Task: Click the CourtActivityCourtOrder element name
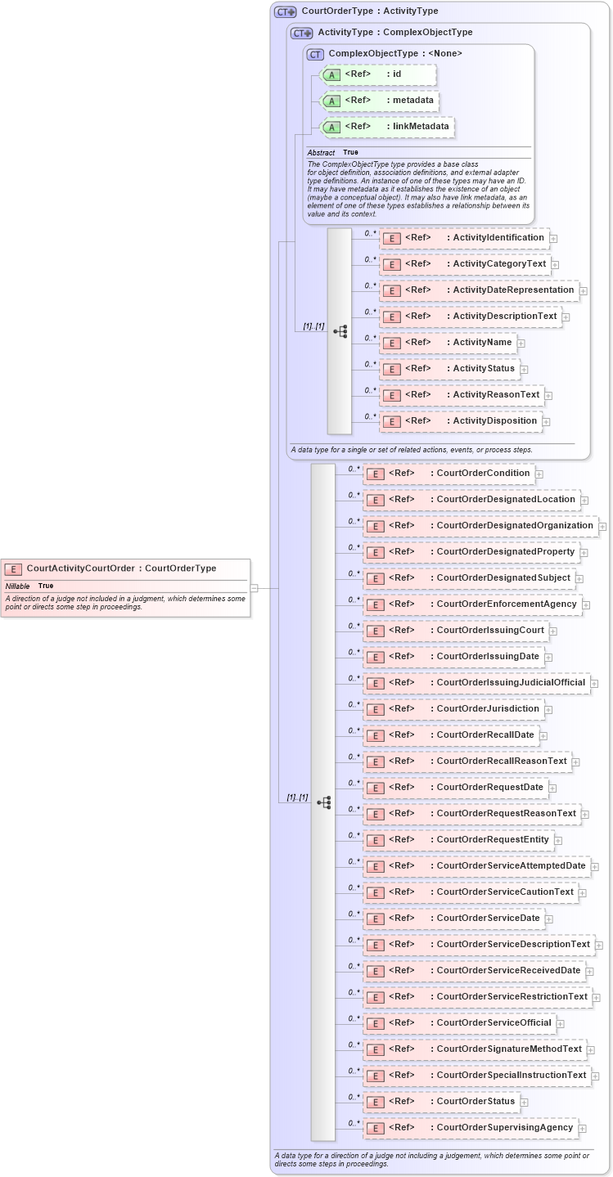click(x=80, y=568)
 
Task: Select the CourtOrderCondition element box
click(x=449, y=474)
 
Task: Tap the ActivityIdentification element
click(x=465, y=238)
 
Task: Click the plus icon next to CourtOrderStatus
click(x=524, y=1103)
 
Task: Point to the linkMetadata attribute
click(x=388, y=127)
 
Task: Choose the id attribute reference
click(x=378, y=74)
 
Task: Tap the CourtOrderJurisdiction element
click(x=453, y=709)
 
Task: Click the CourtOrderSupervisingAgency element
click(x=470, y=1128)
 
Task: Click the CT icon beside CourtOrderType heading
click(x=285, y=11)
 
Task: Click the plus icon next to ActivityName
click(x=521, y=344)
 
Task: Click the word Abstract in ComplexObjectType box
click(x=321, y=153)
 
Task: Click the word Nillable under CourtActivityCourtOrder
click(x=18, y=586)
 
